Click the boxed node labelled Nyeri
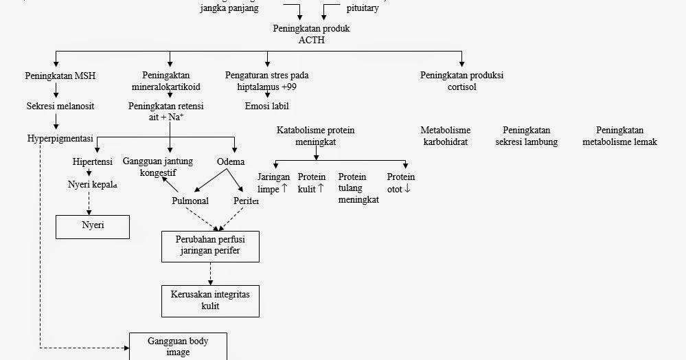93,226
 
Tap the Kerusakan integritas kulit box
210,300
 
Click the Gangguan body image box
178,346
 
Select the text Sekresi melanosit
60,106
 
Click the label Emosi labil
266,106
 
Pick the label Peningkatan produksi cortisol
461,81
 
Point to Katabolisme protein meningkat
315,136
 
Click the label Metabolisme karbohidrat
445,136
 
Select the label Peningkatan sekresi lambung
526,136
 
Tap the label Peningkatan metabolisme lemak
619,136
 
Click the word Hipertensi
93,161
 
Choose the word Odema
231,161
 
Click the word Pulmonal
190,201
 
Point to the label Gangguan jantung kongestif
158,167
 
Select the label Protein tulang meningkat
358,188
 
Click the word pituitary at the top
362,9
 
